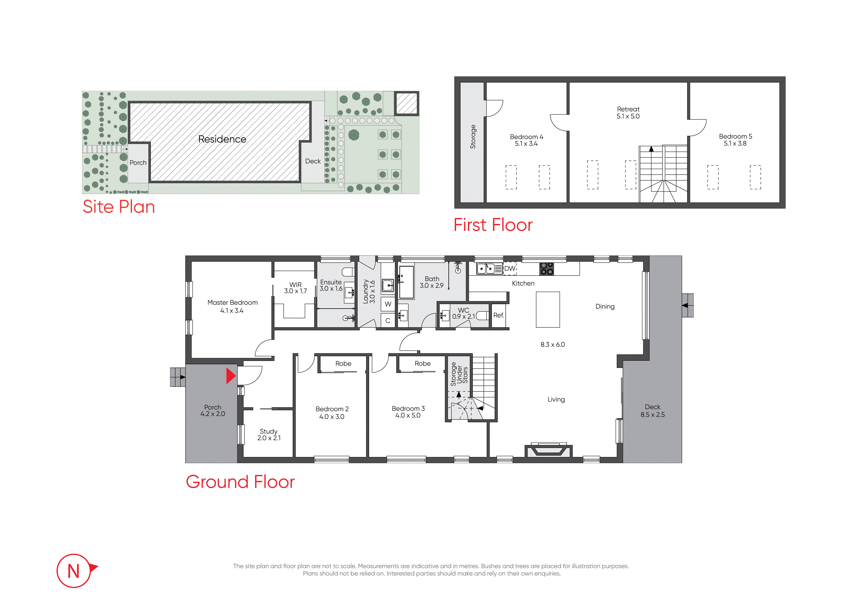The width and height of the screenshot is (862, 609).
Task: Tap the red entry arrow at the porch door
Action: pyautogui.click(x=230, y=376)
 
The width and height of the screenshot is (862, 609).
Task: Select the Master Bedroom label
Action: pyautogui.click(x=232, y=306)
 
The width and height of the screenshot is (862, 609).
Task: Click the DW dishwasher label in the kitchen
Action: pyautogui.click(x=509, y=268)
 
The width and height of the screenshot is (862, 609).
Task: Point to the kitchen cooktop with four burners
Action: pyautogui.click(x=547, y=269)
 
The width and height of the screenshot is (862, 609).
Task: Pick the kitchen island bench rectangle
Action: pyautogui.click(x=548, y=310)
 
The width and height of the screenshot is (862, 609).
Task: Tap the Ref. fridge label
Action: pyautogui.click(x=499, y=315)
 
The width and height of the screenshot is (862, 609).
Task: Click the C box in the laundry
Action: pyautogui.click(x=388, y=320)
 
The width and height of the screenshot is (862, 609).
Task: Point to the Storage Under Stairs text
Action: pyautogui.click(x=459, y=374)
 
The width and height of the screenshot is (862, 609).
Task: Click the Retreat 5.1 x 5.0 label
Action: pyautogui.click(x=628, y=112)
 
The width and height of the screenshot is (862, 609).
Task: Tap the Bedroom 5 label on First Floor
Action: pyautogui.click(x=735, y=139)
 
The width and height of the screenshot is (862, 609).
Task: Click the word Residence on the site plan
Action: pyautogui.click(x=222, y=139)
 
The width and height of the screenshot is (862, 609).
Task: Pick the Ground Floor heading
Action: pyautogui.click(x=240, y=482)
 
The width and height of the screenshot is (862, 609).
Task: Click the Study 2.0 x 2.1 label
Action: pyautogui.click(x=269, y=434)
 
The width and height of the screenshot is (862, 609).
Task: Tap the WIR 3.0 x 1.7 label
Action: pyautogui.click(x=295, y=288)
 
